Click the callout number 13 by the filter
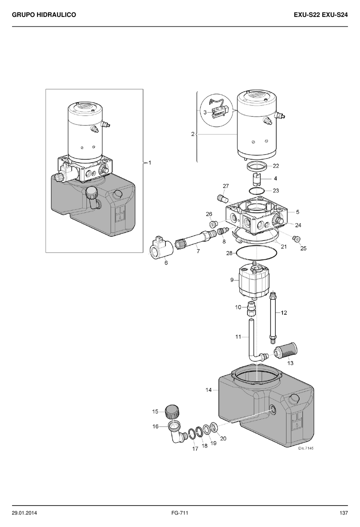pyautogui.click(x=290, y=363)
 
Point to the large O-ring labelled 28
pyautogui.click(x=257, y=253)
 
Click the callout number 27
pyautogui.click(x=226, y=186)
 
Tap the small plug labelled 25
pyautogui.click(x=297, y=239)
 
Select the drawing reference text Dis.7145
pyautogui.click(x=306, y=448)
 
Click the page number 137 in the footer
pyautogui.click(x=343, y=513)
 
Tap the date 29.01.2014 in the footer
pyautogui.click(x=24, y=513)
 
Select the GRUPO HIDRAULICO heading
pyautogui.click(x=44, y=15)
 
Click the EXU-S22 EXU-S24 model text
pyautogui.click(x=321, y=15)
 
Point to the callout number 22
pyautogui.click(x=276, y=166)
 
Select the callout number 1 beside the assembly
pyautogui.click(x=150, y=163)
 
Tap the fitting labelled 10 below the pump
pyautogui.click(x=251, y=309)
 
